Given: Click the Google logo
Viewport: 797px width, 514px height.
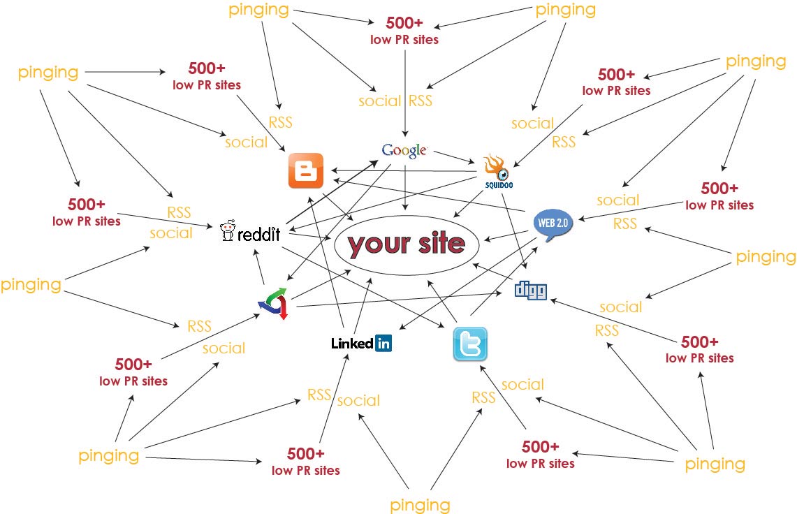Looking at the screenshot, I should click(404, 149).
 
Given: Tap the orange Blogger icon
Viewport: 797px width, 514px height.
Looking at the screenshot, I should click(306, 170).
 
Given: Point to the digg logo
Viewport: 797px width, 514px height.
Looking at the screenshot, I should click(531, 291).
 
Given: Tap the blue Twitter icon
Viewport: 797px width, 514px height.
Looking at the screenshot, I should click(470, 344).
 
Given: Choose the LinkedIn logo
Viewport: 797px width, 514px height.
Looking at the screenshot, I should click(361, 343).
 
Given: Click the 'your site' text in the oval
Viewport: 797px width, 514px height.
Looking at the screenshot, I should click(407, 244).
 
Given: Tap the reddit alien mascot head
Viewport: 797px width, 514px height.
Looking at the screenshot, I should click(227, 231).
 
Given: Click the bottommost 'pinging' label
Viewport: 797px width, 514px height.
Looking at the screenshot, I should click(420, 504).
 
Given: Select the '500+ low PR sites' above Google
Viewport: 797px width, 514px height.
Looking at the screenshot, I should click(404, 31).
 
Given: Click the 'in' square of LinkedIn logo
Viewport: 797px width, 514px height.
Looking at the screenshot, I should click(383, 343).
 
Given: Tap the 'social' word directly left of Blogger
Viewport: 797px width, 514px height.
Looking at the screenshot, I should click(246, 142).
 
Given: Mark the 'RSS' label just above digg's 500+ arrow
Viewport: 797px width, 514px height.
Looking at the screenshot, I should click(606, 330).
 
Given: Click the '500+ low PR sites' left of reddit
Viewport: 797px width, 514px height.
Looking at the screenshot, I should click(87, 212).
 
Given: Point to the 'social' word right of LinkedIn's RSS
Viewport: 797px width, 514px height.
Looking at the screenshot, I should click(358, 401).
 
